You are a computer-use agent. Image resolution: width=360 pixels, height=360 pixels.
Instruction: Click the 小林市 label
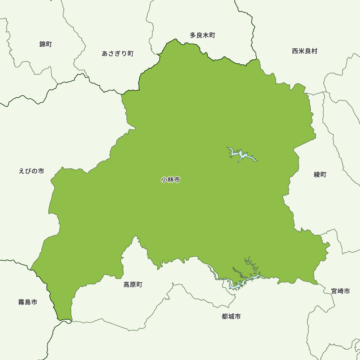(x=171, y=180)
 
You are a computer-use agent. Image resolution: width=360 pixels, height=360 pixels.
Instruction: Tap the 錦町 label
(x=46, y=44)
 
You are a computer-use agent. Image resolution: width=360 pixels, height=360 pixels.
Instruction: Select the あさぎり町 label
(x=118, y=54)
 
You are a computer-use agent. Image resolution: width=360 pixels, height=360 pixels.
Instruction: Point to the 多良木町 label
(x=202, y=35)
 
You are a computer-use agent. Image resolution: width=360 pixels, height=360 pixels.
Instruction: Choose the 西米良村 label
(x=305, y=51)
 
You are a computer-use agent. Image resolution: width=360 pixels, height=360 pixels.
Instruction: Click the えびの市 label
(x=31, y=171)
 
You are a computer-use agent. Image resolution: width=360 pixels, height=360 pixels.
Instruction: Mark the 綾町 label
(x=320, y=175)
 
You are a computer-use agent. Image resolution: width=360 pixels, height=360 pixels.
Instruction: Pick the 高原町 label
(x=133, y=285)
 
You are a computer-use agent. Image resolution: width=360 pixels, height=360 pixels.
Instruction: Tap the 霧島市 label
(x=28, y=302)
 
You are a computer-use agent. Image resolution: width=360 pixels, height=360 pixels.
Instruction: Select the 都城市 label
(x=231, y=317)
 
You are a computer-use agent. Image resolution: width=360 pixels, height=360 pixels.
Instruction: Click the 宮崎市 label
(x=341, y=291)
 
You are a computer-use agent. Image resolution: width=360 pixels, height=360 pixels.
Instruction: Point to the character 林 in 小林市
(x=171, y=180)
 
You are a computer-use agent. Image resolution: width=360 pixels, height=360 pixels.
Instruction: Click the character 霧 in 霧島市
(x=21, y=302)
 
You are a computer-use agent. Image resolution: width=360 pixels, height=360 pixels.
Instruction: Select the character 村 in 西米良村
(x=314, y=51)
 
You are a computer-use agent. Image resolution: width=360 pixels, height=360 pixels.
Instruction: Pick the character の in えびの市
(x=35, y=171)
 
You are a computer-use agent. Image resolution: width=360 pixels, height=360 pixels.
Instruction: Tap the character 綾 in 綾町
(x=317, y=175)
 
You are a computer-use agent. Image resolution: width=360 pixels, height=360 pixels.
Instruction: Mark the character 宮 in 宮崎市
(x=334, y=291)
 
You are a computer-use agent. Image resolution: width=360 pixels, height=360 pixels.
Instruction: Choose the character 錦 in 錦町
(x=42, y=44)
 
